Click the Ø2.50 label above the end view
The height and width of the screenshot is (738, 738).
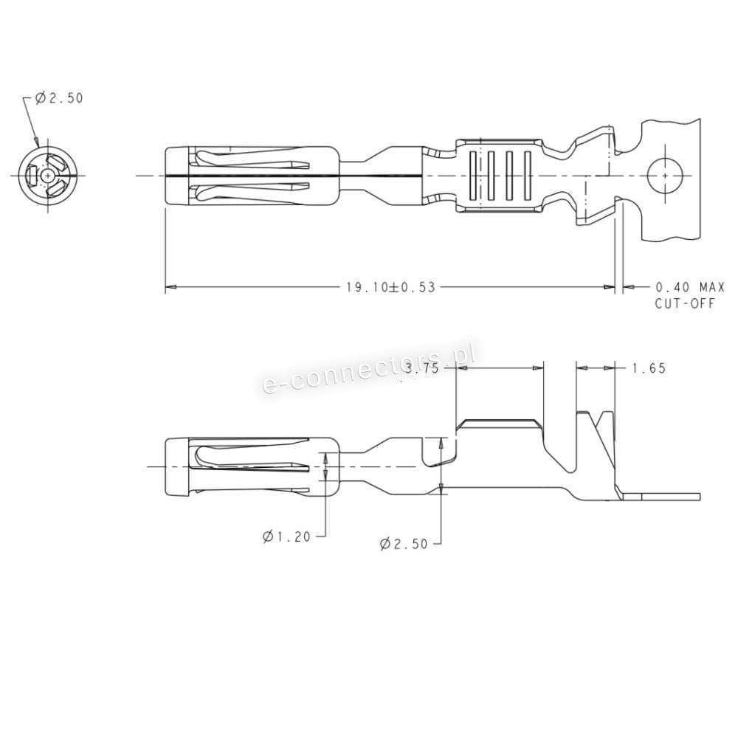point(59,98)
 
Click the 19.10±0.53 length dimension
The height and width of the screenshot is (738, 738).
point(390,287)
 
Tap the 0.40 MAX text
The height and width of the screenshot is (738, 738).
point(690,286)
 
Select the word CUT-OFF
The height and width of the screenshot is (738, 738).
point(685,303)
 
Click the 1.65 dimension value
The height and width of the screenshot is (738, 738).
point(649,368)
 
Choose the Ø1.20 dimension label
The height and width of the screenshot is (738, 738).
point(286,536)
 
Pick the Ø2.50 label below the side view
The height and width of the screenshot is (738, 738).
point(404,544)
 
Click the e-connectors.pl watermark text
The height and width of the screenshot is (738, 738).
point(368,368)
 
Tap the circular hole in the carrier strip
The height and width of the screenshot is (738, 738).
point(666,176)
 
